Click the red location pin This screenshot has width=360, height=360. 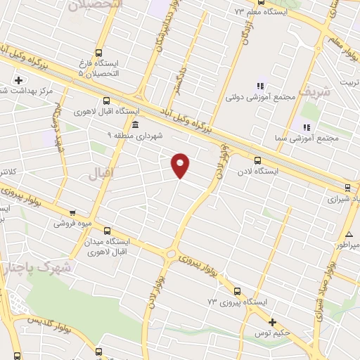pyautogui.click(x=181, y=165)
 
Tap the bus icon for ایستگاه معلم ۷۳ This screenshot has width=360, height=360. pyautogui.click(x=238, y=12)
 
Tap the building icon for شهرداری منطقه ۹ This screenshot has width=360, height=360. pyautogui.click(x=135, y=124)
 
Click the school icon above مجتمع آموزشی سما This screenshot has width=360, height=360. pyautogui.click(x=307, y=127)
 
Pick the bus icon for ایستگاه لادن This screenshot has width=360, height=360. pyautogui.click(x=258, y=160)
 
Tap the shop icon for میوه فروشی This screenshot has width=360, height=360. pyautogui.click(x=72, y=212)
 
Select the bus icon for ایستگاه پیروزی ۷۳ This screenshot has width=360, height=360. pyautogui.click(x=236, y=290)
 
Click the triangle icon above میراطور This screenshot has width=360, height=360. pyautogui.click(x=349, y=233)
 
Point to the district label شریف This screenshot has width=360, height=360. pyautogui.click(x=313, y=91)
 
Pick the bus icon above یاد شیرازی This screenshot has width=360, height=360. pyautogui.click(x=348, y=187)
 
